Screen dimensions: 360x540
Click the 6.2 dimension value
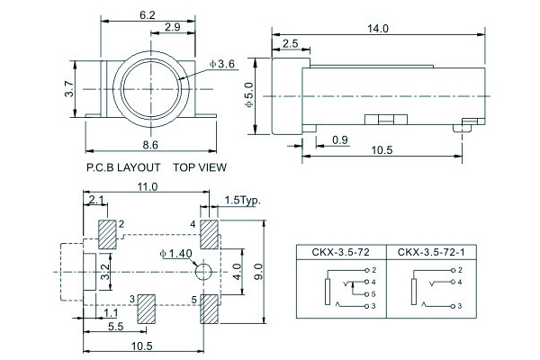(x=148, y=15)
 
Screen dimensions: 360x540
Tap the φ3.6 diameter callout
(x=221, y=64)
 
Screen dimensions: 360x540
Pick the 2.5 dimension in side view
(x=290, y=44)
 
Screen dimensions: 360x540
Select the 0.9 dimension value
(x=340, y=139)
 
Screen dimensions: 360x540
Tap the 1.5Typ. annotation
(x=242, y=200)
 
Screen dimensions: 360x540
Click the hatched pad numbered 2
(x=107, y=235)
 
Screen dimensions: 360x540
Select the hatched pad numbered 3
(x=146, y=308)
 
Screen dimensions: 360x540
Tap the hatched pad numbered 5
(x=211, y=308)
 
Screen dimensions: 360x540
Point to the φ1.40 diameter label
(x=175, y=254)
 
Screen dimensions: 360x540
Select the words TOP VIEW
(x=200, y=167)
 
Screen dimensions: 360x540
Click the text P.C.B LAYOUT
(x=123, y=167)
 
